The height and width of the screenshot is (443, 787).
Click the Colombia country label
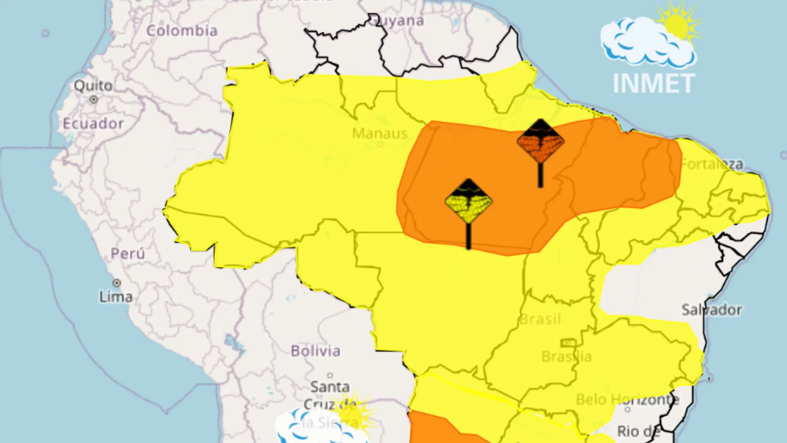[x=182, y=31]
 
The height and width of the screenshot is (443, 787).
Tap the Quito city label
[x=93, y=86]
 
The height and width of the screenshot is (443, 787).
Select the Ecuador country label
[x=93, y=123]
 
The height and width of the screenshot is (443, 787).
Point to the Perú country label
[x=127, y=253]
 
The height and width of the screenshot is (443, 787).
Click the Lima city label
[x=116, y=297]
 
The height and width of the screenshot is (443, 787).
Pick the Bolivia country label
[x=316, y=351]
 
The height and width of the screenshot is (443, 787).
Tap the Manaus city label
[x=380, y=133]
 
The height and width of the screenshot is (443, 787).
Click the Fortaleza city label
[x=712, y=164]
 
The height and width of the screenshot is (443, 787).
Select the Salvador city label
[x=712, y=310]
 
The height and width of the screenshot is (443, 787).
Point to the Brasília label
[x=566, y=356]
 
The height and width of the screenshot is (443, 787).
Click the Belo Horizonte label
[x=627, y=399]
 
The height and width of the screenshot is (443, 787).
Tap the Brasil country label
[x=540, y=319]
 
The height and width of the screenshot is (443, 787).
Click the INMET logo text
[x=654, y=84]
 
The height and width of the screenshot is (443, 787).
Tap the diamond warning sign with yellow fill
[x=469, y=201]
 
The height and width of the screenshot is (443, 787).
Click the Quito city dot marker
[x=93, y=99]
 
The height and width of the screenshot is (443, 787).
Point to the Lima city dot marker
[x=117, y=283]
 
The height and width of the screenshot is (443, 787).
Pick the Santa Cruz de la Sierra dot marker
[x=330, y=375]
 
